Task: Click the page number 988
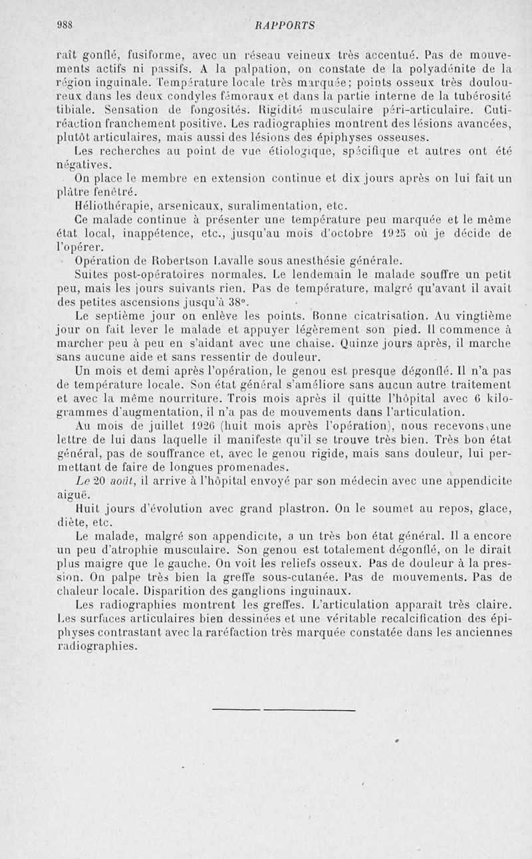(x=65, y=25)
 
